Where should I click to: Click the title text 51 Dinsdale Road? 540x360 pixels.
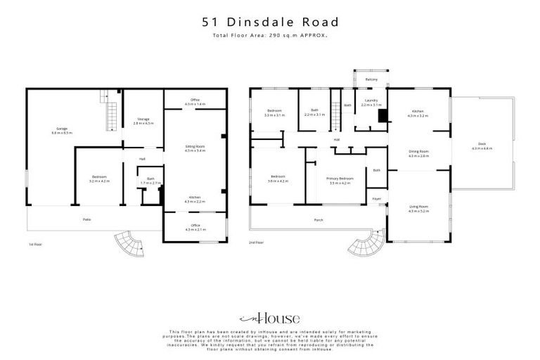269,22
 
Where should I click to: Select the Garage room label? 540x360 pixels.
62,130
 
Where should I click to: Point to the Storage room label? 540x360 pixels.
143,121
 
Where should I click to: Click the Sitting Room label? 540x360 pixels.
195,148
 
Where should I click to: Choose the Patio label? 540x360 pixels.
87,219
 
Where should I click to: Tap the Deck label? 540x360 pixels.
482,146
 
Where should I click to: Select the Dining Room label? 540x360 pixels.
418,153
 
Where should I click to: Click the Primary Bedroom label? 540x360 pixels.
340,181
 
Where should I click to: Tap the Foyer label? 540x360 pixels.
377,199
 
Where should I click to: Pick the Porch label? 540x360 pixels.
318,219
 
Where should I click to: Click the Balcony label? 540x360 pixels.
372,79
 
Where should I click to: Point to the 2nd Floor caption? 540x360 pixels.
256,243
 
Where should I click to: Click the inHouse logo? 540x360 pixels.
269,318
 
